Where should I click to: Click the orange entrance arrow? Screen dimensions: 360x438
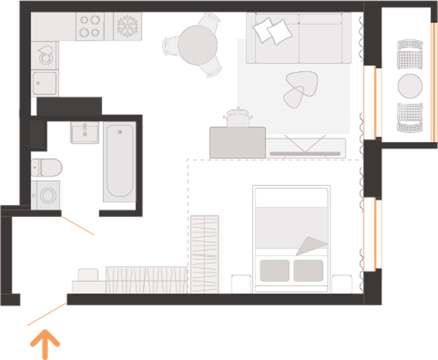pyautogui.click(x=45, y=343)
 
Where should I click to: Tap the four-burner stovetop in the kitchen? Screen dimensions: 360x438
pyautogui.click(x=90, y=26)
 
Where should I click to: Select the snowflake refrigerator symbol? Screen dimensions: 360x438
pyautogui.click(x=128, y=26)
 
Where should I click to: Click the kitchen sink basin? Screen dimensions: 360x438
pyautogui.click(x=45, y=83)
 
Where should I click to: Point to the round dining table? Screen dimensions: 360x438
pyautogui.click(x=198, y=45)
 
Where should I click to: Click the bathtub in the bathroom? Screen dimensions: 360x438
pyautogui.click(x=119, y=161)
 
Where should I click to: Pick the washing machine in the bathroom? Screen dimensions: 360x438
pyautogui.click(x=46, y=195)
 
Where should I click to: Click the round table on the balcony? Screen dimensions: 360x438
pyautogui.click(x=410, y=86)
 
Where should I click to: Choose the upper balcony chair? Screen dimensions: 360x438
pyautogui.click(x=410, y=55)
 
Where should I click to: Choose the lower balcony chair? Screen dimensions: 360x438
pyautogui.click(x=410, y=117)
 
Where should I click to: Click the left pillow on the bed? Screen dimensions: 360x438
pyautogui.click(x=275, y=270)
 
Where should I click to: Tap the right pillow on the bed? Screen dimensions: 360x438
pyautogui.click(x=308, y=270)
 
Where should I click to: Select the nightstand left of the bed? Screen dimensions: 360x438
pyautogui.click(x=241, y=284)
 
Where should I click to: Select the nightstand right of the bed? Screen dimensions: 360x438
pyautogui.click(x=342, y=284)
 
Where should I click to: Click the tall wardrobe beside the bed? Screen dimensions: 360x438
pyautogui.click(x=205, y=254)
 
